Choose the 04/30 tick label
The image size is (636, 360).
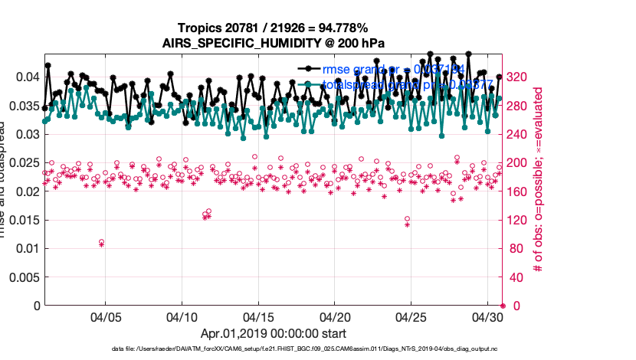[x=487, y=316]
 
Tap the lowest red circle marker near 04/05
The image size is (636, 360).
[x=101, y=242]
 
